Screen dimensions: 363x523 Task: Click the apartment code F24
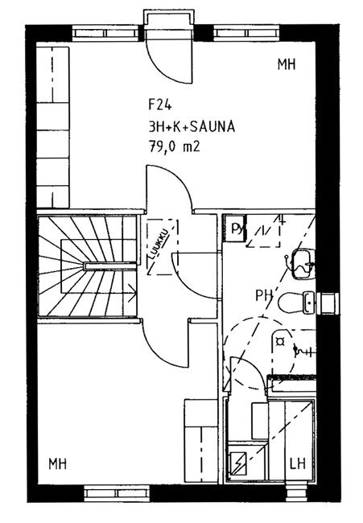coord(160,105)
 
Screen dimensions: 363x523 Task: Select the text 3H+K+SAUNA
coord(192,127)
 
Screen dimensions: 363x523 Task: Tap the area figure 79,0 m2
coord(174,146)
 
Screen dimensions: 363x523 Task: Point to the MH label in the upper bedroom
coord(287,64)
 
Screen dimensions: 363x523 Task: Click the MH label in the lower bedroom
coord(58,464)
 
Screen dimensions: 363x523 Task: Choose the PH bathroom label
coord(264,295)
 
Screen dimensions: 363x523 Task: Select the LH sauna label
coord(298,464)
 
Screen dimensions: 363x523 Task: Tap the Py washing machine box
coord(235,229)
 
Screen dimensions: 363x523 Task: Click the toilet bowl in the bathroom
coord(290,303)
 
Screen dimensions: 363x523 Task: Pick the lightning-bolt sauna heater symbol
coord(238,463)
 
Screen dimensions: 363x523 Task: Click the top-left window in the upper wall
coord(105,33)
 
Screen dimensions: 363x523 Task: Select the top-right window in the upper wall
coord(247,33)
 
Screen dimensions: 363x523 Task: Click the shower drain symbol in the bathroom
coord(279,341)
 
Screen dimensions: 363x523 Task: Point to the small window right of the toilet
coord(328,303)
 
